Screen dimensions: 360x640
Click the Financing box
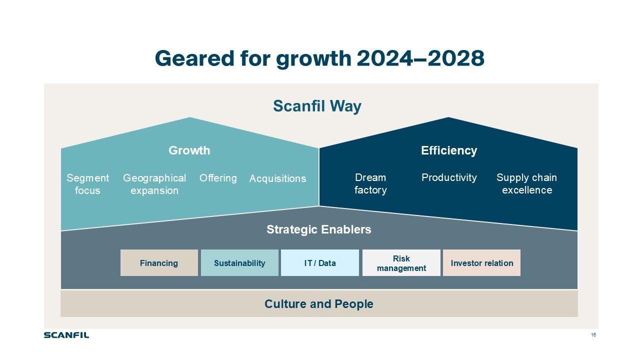159,263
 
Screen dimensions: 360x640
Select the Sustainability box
239,263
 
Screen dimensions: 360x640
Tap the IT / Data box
320,263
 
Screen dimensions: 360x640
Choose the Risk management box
401,263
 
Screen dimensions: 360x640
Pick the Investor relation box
481,263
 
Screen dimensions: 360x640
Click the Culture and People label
319,304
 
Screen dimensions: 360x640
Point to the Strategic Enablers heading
319,229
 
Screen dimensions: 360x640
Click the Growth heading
189,150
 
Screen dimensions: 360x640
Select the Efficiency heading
449,150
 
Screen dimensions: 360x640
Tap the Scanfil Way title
317,106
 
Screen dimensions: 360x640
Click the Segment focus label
87,184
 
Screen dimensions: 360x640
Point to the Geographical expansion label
154,184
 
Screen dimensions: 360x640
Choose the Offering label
218,178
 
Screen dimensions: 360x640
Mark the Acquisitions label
277,178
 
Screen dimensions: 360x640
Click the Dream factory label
370,183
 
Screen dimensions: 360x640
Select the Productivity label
449,177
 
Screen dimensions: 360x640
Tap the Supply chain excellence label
526,183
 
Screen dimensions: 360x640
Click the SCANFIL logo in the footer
66,335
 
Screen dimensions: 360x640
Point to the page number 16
593,335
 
